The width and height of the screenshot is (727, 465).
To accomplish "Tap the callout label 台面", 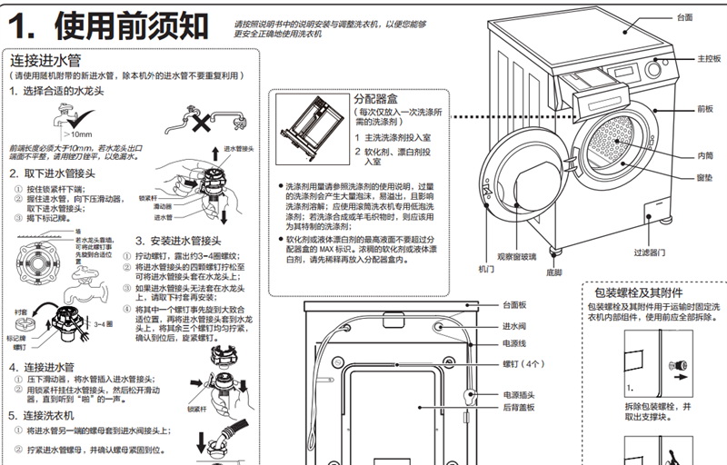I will click(684, 17).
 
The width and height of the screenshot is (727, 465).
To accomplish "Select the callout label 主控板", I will click(709, 59).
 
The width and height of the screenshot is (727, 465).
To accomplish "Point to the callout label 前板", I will click(705, 108).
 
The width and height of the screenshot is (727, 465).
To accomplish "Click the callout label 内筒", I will click(704, 155).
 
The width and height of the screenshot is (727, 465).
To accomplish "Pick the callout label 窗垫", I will click(704, 178).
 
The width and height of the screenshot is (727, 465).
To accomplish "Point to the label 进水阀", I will click(515, 326).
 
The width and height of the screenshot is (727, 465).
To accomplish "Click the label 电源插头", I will click(518, 395).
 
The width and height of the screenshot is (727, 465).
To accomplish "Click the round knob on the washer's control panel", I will click(657, 70).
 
